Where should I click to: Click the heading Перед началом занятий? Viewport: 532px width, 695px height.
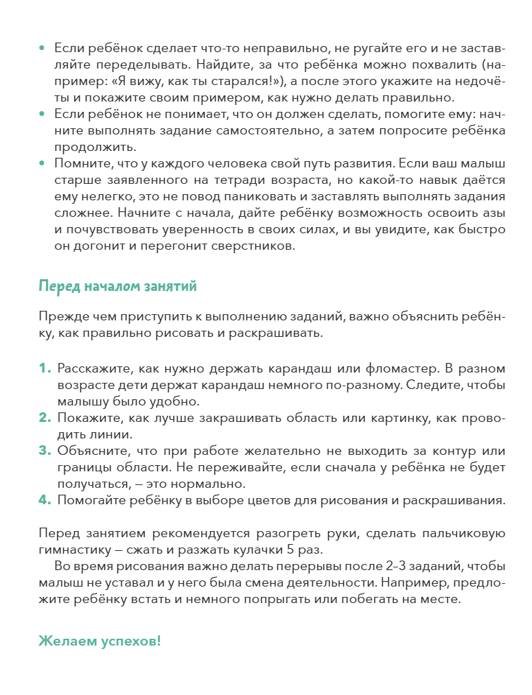pos(117,286)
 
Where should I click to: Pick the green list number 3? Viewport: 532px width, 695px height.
pos(45,451)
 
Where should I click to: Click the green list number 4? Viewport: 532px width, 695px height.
pos(45,500)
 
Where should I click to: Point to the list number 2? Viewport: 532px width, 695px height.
pos(45,418)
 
